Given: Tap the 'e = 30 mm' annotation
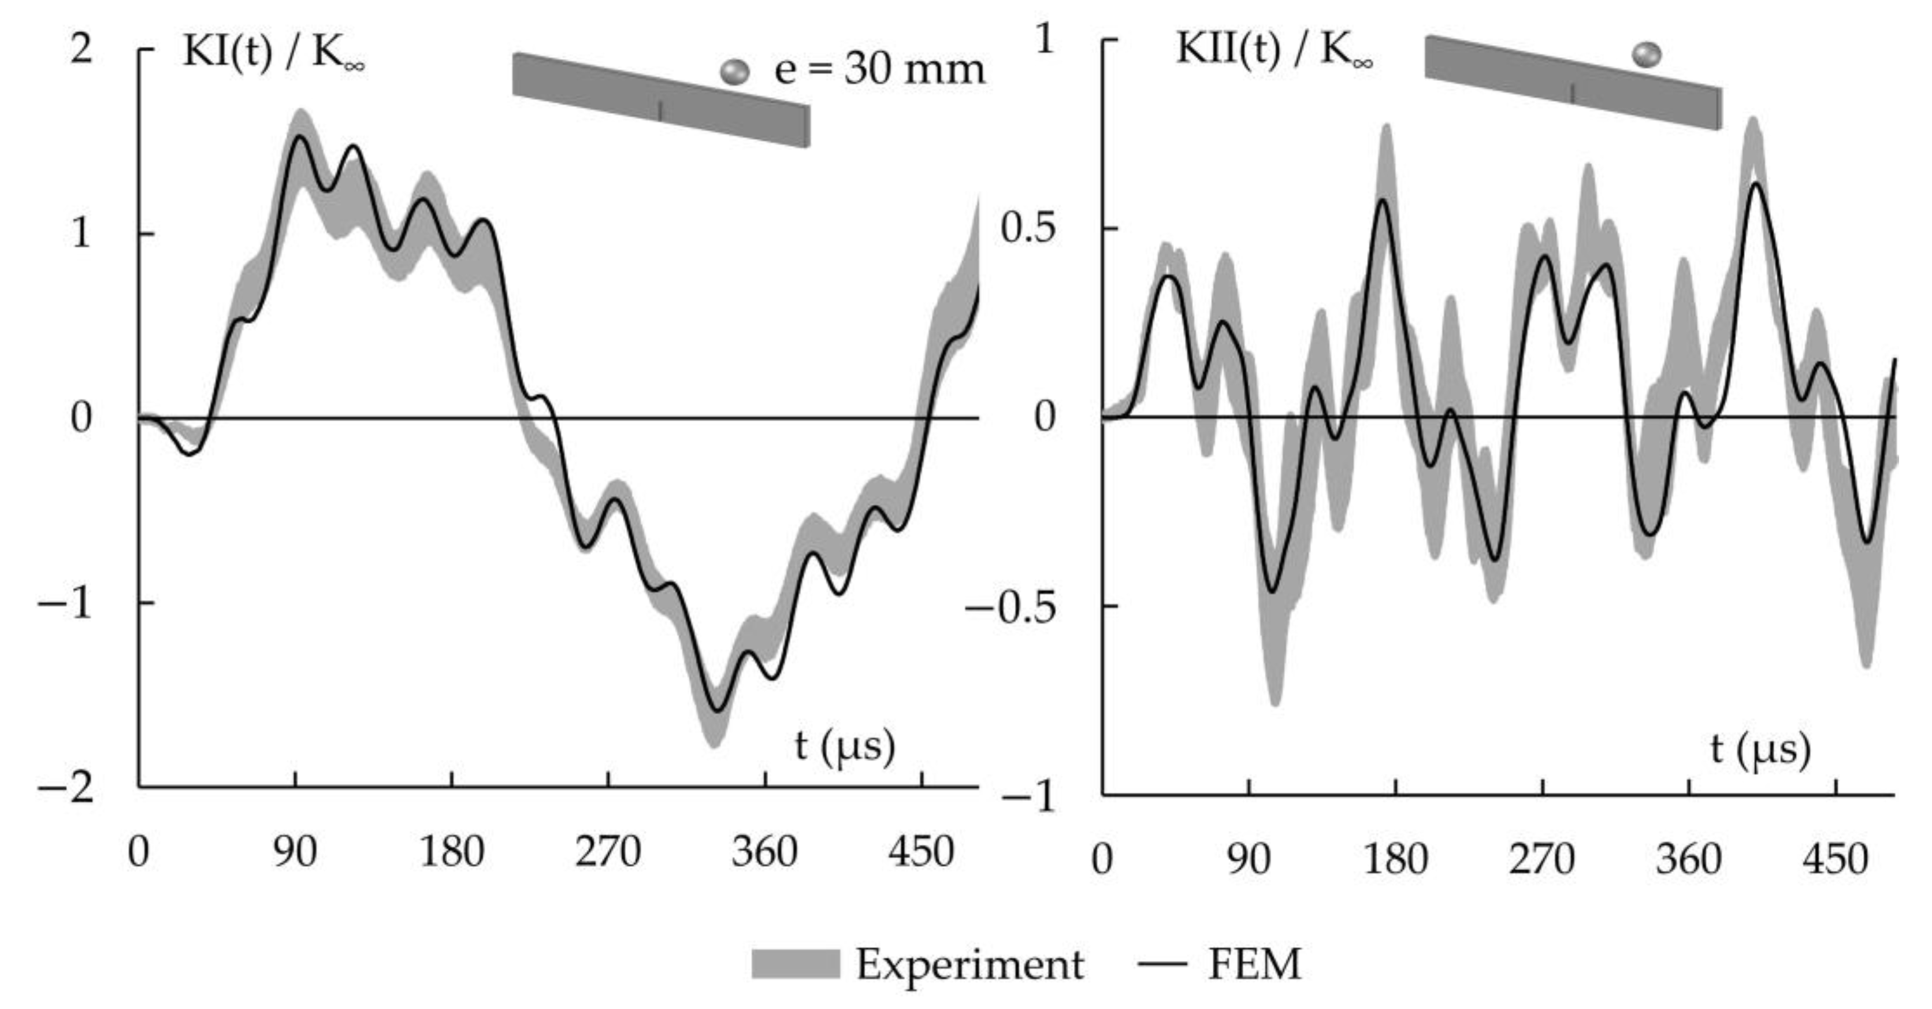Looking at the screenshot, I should [x=879, y=71].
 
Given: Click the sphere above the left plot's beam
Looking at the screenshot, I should [x=734, y=72].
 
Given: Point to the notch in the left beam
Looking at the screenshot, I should [x=660, y=111].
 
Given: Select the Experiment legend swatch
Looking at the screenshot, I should [x=795, y=964].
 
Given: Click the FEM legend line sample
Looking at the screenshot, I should [x=1162, y=964].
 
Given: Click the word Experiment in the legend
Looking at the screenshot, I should [x=969, y=964].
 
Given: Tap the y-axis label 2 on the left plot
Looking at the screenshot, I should [x=80, y=50].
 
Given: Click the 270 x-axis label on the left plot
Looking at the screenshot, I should [x=607, y=853].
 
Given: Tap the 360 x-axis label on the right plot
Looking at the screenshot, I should [x=1688, y=859].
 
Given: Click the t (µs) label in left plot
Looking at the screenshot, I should [x=845, y=747].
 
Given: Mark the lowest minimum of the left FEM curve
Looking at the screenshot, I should [x=716, y=710].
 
